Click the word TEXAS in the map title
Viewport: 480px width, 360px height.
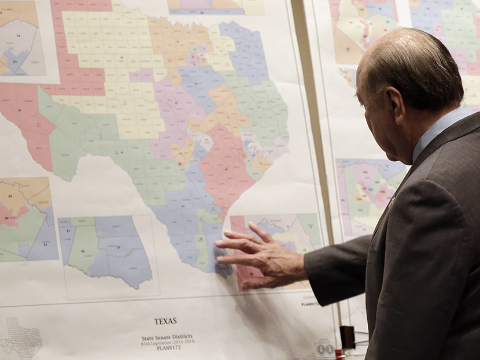pos(165,321)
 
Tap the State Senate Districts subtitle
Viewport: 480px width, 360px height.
pos(167,337)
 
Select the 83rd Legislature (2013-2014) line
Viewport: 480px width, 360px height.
pos(167,343)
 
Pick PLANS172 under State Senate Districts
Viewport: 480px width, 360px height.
pos(167,348)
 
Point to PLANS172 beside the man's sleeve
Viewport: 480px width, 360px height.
pos(310,303)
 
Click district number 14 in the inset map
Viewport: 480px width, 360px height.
pos(17,36)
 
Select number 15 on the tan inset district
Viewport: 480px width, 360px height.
pos(9,188)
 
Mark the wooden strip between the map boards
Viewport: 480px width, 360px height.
pos(312,116)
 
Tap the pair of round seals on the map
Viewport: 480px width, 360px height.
pos(325,348)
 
